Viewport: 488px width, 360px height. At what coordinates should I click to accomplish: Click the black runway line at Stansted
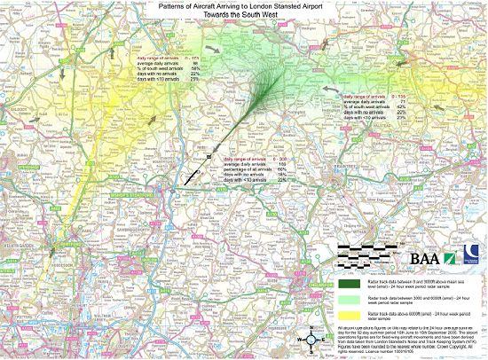coord(197,171)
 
